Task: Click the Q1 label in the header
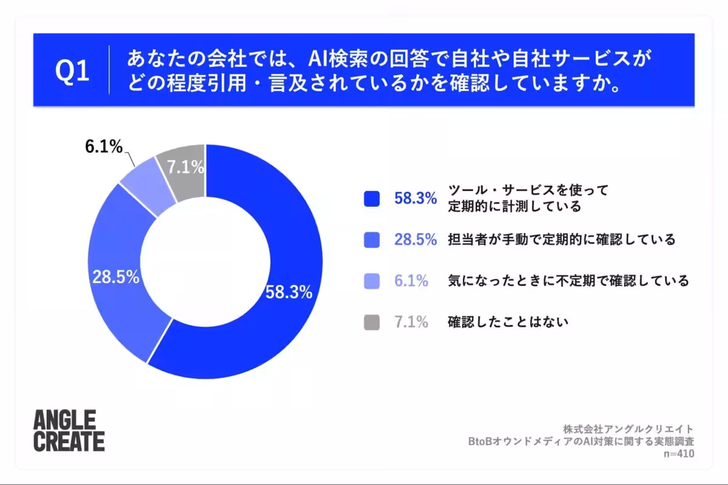point(72,70)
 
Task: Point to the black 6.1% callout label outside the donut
point(104,147)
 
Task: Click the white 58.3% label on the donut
point(289,292)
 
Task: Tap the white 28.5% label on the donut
point(116,277)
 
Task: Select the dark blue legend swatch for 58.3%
point(372,198)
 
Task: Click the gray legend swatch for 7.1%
point(372,323)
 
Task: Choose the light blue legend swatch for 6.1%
point(372,281)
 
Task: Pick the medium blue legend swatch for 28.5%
point(372,239)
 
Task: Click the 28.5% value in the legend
point(416,239)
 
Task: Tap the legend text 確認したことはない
point(508,322)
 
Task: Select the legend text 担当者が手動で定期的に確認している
point(562,239)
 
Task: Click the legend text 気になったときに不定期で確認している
point(568,281)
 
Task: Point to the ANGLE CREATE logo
point(69,430)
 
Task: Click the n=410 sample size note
point(679,453)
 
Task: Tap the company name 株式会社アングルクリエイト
point(629,429)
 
